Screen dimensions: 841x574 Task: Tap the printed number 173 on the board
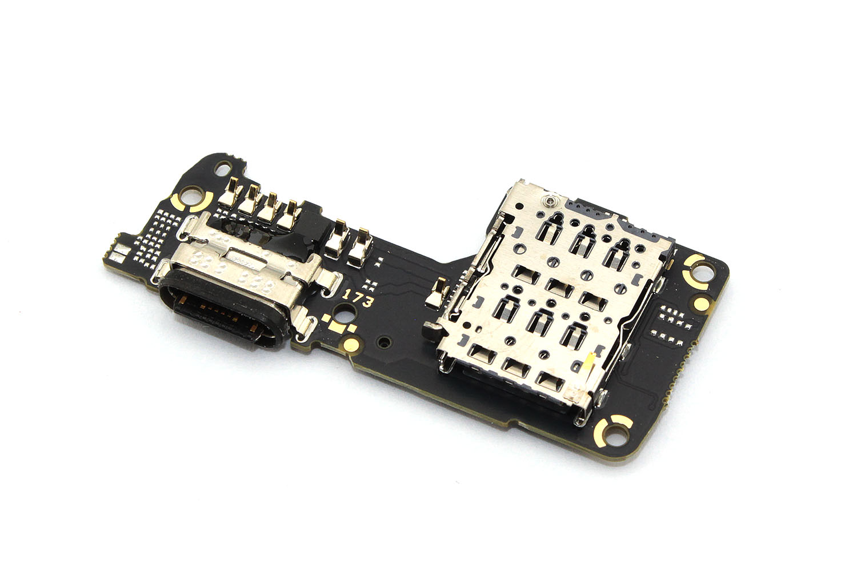tap(357, 297)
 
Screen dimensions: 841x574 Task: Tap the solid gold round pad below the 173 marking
tap(351, 344)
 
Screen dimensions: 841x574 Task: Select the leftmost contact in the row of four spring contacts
tap(230, 193)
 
